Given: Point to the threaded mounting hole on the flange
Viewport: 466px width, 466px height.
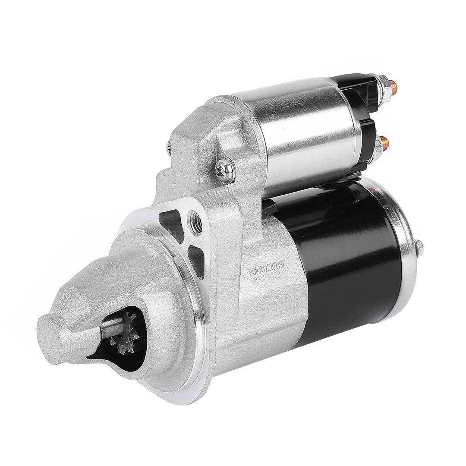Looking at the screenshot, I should pyautogui.click(x=196, y=223).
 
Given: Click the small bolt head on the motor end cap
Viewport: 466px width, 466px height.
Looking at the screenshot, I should pyautogui.click(x=419, y=247).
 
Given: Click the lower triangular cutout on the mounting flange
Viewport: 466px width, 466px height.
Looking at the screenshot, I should pyautogui.click(x=196, y=259).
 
